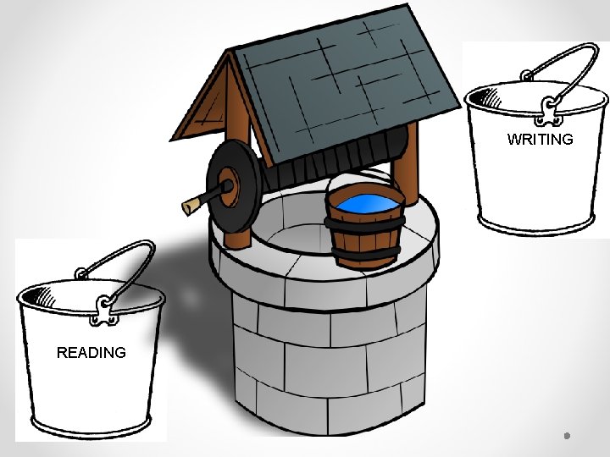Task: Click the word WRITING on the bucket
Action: click(x=540, y=140)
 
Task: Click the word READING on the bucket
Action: click(x=91, y=352)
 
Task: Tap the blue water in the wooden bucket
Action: click(x=365, y=203)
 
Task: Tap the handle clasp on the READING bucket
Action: click(x=104, y=311)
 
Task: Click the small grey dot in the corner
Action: click(x=566, y=436)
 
